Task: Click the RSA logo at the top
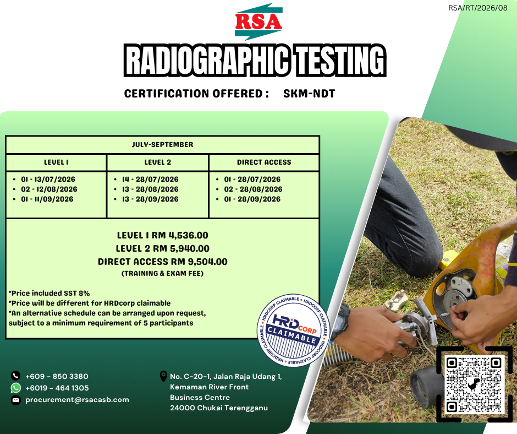coord(258,22)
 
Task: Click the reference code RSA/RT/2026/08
coord(478,8)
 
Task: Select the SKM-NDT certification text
coord(309,94)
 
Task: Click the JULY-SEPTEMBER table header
coord(163,145)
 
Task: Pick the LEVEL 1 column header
coord(56,162)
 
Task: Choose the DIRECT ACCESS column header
coord(264,162)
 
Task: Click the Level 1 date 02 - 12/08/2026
coord(49,189)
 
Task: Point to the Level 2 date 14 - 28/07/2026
coord(150,180)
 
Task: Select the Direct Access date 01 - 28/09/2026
coord(252,199)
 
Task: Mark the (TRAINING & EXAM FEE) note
coord(163,274)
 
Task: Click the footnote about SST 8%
coord(49,294)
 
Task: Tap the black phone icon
coord(15,376)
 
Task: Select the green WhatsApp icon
coord(15,388)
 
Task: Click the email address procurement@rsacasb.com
coord(77,400)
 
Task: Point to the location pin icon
coord(163,376)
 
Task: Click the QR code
coord(474,384)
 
